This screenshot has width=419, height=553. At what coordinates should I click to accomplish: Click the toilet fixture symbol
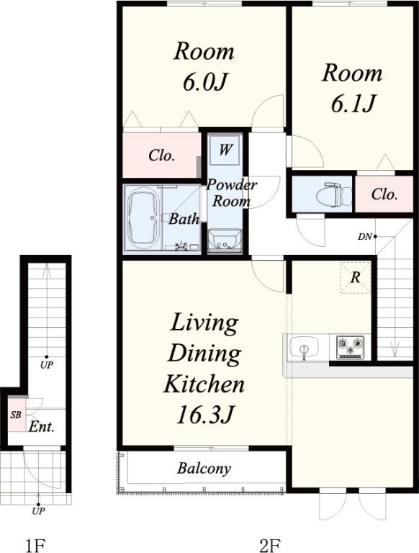tap(334, 194)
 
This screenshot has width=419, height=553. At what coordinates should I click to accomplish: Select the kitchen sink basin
tap(304, 346)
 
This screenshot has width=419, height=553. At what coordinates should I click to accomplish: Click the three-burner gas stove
tap(350, 347)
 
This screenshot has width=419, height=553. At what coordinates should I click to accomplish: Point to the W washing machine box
tap(225, 150)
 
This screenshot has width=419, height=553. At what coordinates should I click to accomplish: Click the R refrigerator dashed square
tap(356, 277)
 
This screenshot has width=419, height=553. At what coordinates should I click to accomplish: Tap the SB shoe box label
tap(17, 415)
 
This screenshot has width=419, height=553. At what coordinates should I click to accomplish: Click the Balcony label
tap(204, 468)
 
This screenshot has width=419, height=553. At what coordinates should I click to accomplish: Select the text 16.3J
tap(204, 415)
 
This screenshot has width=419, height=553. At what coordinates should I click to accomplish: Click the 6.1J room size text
tap(352, 103)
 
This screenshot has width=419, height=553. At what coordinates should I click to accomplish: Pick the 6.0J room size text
tap(204, 81)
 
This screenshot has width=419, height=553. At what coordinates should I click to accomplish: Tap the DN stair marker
tap(366, 237)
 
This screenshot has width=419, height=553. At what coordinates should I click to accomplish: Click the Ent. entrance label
tap(42, 427)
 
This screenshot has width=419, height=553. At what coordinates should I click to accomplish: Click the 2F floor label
tap(270, 546)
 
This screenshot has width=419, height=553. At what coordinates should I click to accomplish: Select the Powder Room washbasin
tap(225, 240)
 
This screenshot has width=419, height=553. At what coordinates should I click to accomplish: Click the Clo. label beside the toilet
tap(384, 194)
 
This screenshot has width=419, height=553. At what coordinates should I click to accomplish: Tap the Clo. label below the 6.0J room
tap(162, 156)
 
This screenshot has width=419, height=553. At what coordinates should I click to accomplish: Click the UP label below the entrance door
tap(38, 511)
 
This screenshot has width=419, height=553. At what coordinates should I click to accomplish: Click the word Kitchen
tap(204, 384)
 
